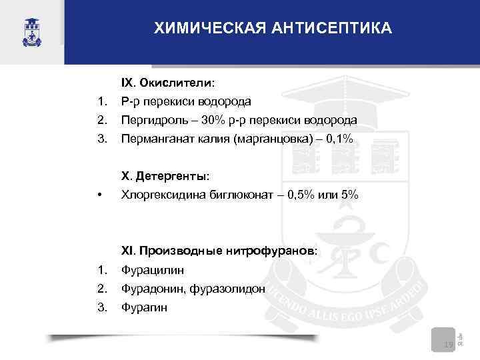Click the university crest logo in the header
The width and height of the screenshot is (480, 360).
(x=31, y=31)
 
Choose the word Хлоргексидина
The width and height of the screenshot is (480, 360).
(x=159, y=195)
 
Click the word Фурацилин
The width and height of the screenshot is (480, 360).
(x=153, y=270)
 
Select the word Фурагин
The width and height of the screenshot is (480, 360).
(x=145, y=307)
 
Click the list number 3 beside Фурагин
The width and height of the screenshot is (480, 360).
(x=101, y=307)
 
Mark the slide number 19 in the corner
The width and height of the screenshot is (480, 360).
(x=447, y=344)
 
